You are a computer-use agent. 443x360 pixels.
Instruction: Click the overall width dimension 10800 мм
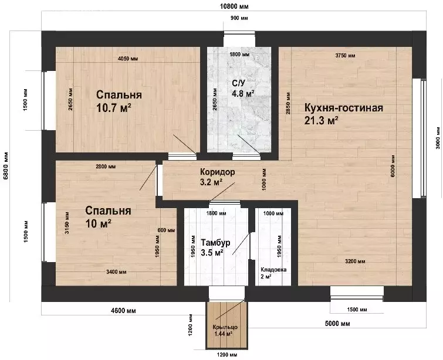tap(234, 6)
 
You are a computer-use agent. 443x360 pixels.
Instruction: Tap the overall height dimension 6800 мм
tap(6, 166)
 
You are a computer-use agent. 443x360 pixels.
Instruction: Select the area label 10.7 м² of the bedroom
tap(114, 108)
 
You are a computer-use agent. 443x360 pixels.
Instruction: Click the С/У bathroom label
tap(239, 83)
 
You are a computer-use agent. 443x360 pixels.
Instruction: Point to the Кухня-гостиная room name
tap(344, 108)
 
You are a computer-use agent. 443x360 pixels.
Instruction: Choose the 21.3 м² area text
tap(322, 121)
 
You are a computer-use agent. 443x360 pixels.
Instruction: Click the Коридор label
tap(217, 172)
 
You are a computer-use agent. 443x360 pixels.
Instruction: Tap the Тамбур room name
tap(215, 243)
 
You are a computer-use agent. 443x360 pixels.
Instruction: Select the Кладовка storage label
tap(273, 270)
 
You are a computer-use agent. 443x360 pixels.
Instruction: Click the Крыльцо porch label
tap(225, 327)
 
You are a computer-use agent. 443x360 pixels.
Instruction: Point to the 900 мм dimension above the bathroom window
tap(239, 18)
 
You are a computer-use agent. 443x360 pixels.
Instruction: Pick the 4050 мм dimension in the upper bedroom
tap(128, 59)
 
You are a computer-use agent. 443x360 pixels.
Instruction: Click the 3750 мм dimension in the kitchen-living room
tap(345, 56)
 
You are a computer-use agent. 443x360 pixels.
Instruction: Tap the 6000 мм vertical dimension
tap(393, 167)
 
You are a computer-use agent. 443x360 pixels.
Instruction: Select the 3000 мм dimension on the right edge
tap(438, 138)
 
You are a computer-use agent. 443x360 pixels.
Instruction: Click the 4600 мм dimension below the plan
tap(123, 311)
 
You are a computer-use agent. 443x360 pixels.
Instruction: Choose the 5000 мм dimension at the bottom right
tap(337, 324)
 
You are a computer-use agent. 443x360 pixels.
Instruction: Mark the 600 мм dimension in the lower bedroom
tap(166, 230)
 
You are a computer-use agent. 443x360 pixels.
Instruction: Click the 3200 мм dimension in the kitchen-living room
tap(355, 261)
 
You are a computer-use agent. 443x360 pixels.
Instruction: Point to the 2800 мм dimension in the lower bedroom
tap(106, 167)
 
